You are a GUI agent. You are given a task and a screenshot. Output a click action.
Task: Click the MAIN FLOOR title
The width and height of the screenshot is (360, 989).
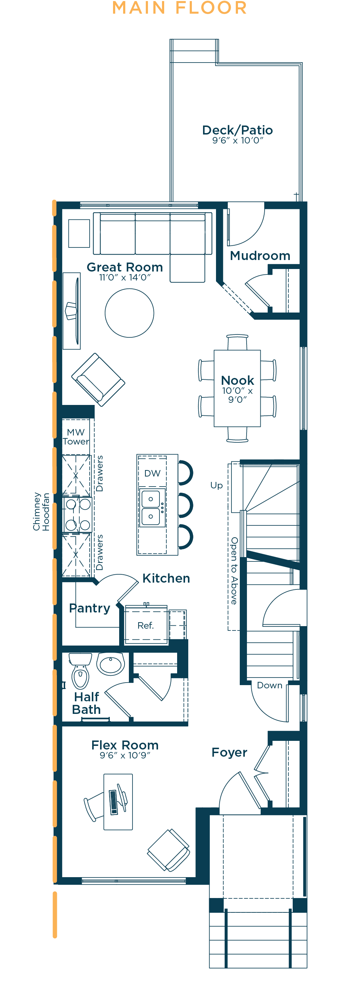pyautogui.click(x=179, y=8)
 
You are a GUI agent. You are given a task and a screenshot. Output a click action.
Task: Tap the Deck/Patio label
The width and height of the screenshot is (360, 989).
pyautogui.click(x=238, y=130)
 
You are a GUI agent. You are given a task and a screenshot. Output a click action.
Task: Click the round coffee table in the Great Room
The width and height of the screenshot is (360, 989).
pyautogui.click(x=130, y=313)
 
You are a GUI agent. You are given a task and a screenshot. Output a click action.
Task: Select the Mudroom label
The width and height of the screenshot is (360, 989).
pyautogui.click(x=260, y=256)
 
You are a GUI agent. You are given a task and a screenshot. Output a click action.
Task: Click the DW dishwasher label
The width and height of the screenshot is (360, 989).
pyautogui.click(x=153, y=473)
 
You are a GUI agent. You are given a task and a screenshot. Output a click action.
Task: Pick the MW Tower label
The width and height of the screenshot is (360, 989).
pyautogui.click(x=76, y=437)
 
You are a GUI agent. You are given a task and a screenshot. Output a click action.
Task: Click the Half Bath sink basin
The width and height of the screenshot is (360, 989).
pyautogui.click(x=111, y=664)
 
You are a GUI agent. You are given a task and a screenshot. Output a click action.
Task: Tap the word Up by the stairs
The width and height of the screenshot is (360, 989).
pyautogui.click(x=216, y=486)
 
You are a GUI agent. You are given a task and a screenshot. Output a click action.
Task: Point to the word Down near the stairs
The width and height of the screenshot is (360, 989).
pyautogui.click(x=270, y=685)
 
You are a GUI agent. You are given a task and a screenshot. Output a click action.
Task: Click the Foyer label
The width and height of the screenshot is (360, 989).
pyautogui.click(x=229, y=752)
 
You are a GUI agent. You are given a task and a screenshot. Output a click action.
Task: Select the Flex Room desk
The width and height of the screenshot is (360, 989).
pyautogui.click(x=118, y=802)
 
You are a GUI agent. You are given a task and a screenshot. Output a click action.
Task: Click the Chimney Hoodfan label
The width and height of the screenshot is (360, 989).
pyautogui.click(x=41, y=512)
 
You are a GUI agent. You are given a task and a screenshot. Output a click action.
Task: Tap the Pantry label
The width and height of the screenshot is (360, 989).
pyautogui.click(x=90, y=608)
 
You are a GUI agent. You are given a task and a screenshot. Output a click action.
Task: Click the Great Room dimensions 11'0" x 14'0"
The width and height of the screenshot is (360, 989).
pyautogui.click(x=125, y=277)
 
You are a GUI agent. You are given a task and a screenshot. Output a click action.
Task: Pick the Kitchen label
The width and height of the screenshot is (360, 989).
pyautogui.click(x=166, y=578)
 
